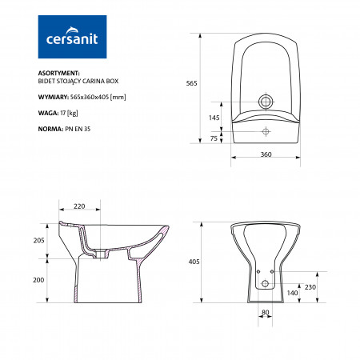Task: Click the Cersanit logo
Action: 72,37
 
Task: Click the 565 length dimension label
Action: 191,83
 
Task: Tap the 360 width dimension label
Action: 266,154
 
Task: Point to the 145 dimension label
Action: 214,118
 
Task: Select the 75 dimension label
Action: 214,138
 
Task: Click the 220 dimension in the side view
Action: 79,206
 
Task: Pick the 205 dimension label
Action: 39,241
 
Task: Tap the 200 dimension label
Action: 38,280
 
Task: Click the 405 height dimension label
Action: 194,262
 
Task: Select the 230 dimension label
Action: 310,287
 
